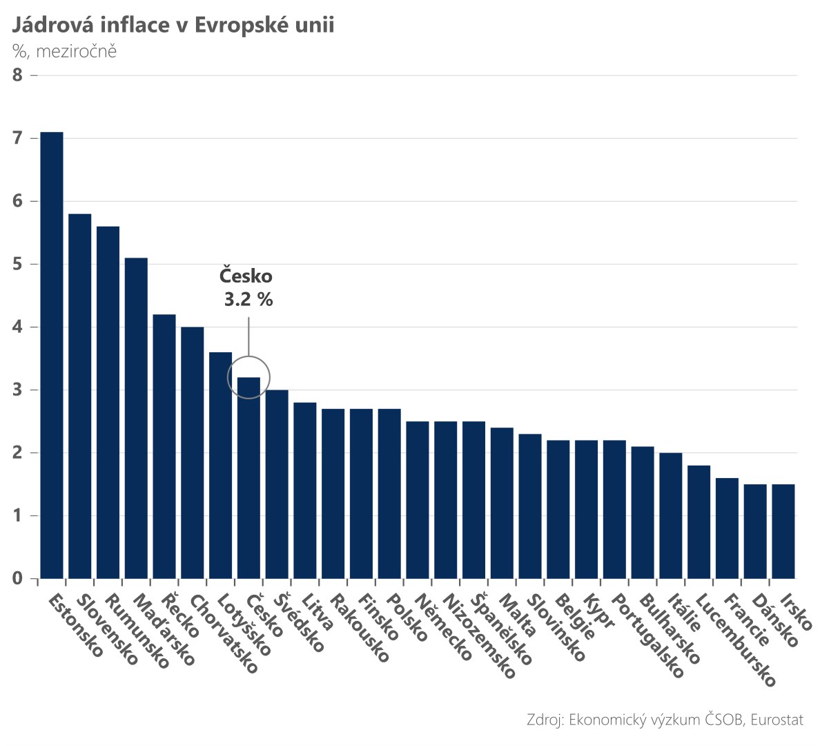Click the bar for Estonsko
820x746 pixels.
(52, 355)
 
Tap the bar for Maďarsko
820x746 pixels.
(136, 418)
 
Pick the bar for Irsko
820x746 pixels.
(783, 531)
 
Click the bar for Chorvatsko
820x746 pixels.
(193, 452)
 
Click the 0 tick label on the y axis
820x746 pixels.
(18, 578)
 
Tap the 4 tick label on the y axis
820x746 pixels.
(18, 327)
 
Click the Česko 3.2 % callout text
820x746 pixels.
(246, 287)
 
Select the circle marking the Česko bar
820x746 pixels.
(248, 377)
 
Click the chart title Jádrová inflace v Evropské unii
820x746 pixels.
(173, 26)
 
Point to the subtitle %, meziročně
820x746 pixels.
(64, 51)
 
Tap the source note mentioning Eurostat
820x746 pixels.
(665, 720)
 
